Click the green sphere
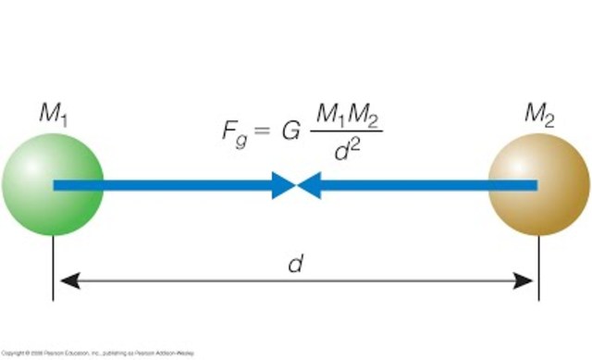click(x=52, y=184)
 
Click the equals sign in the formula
click(x=264, y=130)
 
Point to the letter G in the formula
click(x=290, y=130)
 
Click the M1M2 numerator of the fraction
click(x=348, y=116)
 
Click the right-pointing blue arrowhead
click(x=283, y=185)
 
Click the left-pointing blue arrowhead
click(x=308, y=185)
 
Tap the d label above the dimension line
click(x=296, y=264)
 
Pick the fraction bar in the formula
click(x=348, y=132)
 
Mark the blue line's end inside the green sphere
click(x=56, y=185)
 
